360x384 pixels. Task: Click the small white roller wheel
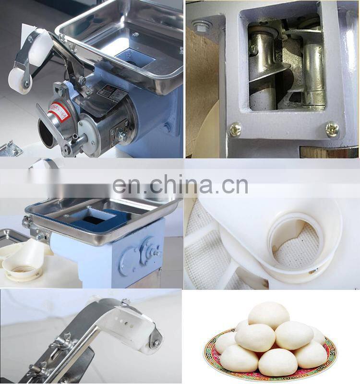pos(20,77)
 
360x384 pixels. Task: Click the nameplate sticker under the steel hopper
pos(107,92)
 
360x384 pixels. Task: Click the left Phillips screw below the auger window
pos(235,129)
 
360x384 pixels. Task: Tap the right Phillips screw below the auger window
pos(332,128)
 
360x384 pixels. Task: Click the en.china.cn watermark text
pos(180,185)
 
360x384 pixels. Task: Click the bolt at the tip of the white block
pos(156,343)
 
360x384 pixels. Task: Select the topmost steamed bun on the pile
pos(268,315)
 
